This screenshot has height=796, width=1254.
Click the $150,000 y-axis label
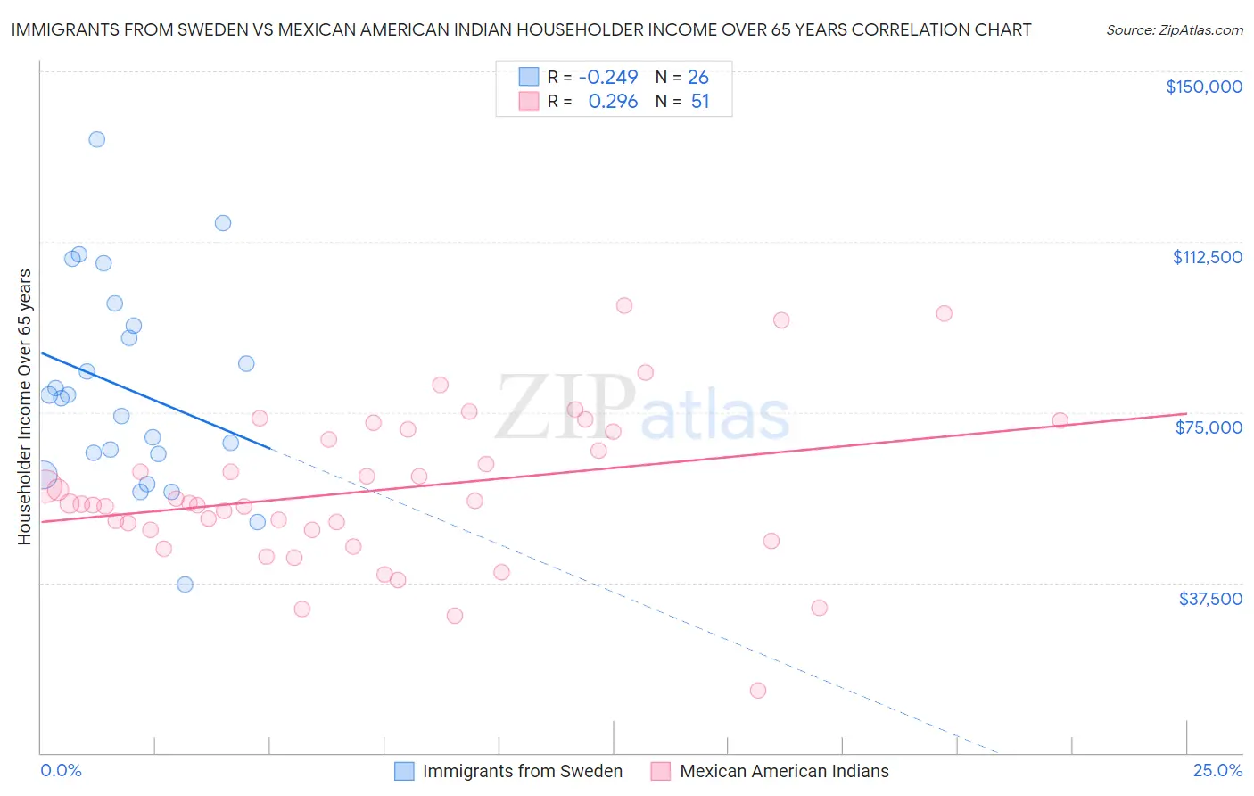[1203, 87]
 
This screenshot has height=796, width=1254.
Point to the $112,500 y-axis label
[1207, 257]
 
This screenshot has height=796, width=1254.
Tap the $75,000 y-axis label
[1209, 427]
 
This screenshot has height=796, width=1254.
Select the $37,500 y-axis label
[1210, 599]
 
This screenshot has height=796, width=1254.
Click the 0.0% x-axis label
[61, 770]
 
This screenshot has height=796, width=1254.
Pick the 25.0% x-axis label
[1217, 770]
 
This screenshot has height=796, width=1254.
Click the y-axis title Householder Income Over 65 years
[25, 406]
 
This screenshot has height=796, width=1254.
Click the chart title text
[521, 29]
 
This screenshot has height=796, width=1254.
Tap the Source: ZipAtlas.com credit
[1174, 29]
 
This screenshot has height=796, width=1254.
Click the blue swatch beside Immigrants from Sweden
[404, 771]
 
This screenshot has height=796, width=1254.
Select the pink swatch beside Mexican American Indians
[660, 771]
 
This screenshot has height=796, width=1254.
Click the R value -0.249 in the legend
[607, 77]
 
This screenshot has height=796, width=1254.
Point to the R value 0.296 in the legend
[613, 102]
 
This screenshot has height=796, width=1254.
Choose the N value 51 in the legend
[700, 102]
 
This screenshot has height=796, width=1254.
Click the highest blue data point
[97, 139]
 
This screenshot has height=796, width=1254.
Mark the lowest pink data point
[758, 690]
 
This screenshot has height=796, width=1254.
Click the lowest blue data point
[185, 585]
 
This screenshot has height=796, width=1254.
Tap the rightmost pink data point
[1060, 420]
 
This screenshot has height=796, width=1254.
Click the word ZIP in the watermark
[565, 407]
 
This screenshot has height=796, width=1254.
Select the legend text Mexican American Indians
[784, 771]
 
